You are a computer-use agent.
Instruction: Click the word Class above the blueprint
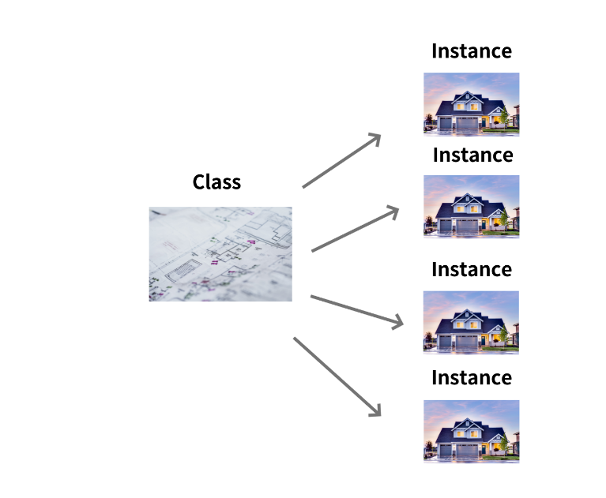(x=216, y=182)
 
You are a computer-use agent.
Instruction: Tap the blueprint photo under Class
(x=220, y=253)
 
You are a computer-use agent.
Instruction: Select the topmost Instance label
(x=471, y=51)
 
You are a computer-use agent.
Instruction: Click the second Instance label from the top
(x=472, y=155)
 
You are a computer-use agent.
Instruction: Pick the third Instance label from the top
(x=471, y=269)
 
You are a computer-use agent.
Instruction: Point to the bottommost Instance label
(x=471, y=378)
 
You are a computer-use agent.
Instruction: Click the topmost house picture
(x=471, y=103)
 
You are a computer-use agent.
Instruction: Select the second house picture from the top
(x=471, y=206)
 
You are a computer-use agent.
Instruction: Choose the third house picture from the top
(x=471, y=321)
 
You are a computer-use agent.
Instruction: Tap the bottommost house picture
(x=471, y=430)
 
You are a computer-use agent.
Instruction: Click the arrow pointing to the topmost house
(x=341, y=162)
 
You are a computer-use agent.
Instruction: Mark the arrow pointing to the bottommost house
(x=337, y=376)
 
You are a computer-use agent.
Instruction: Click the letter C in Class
(x=199, y=182)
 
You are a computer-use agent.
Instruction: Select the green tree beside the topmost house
(x=502, y=118)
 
